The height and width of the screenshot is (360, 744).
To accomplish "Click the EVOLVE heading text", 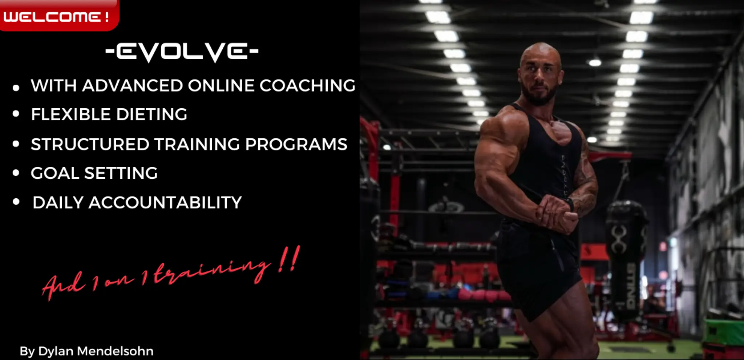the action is tap(182, 52).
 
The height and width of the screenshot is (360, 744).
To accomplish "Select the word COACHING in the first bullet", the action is tap(307, 86).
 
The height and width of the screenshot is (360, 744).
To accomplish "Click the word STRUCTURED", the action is tap(90, 144).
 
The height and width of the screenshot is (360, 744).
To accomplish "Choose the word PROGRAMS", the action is tap(296, 144).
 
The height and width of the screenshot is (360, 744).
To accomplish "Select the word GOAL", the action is tap(55, 173).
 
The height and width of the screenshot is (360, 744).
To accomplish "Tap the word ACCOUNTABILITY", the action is tap(165, 203).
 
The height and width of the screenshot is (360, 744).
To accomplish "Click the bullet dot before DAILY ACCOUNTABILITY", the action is tap(16, 202).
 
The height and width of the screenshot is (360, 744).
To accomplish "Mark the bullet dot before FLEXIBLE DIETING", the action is tap(16, 114).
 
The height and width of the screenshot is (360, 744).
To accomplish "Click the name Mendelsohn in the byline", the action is tap(116, 351).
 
